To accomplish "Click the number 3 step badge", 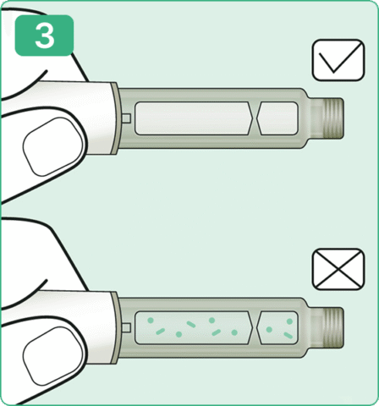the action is [x=44, y=36].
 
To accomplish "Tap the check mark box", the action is [x=338, y=60].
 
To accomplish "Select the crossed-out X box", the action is [x=338, y=269].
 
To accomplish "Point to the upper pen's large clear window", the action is [x=194, y=118].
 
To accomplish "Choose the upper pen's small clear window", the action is [x=277, y=118].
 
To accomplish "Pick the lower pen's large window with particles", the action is [x=194, y=327].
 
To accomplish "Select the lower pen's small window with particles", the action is [x=277, y=327].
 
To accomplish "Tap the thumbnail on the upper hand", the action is [x=53, y=146].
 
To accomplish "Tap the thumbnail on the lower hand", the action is [x=53, y=356].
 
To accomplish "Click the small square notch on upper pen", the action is [x=126, y=118].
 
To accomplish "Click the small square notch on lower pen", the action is [x=126, y=327].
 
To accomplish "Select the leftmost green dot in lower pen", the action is [x=151, y=320].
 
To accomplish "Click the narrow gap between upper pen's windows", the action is [x=255, y=118].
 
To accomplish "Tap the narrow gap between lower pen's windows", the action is [x=255, y=327].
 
